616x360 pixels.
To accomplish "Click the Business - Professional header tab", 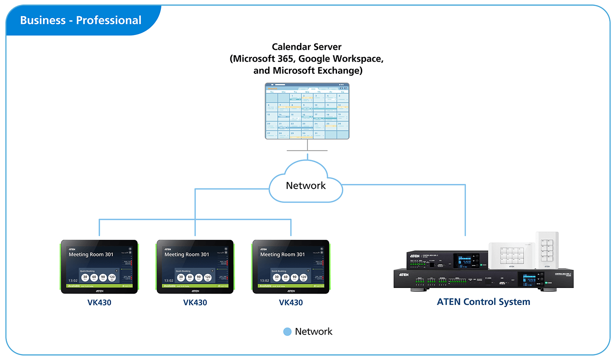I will [81, 20].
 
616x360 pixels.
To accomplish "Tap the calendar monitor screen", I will [307, 111].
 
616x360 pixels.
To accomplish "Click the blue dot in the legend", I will [287, 332].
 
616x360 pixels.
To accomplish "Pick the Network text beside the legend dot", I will [313, 332].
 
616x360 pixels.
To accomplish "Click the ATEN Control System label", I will [483, 302].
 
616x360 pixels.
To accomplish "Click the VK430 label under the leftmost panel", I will [99, 303].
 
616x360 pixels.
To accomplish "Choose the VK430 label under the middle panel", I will [195, 303].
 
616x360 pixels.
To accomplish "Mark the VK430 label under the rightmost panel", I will [291, 303].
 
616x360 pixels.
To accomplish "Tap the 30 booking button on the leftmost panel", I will [85, 278].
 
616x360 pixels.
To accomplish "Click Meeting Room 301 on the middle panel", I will [187, 255].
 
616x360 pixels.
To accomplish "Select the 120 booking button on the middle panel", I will [208, 278].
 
